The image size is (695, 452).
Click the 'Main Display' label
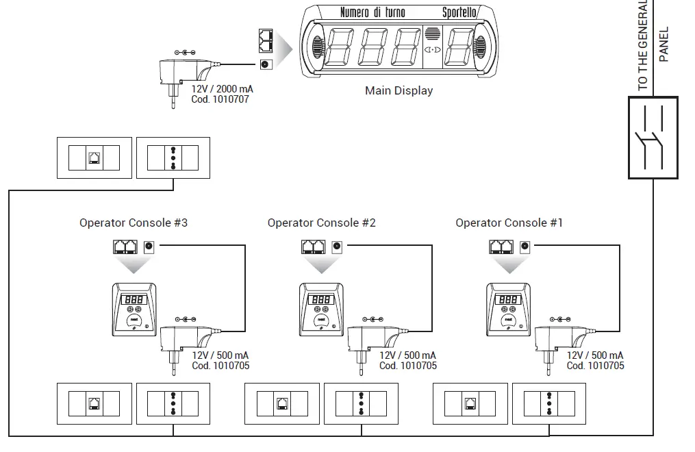[399, 90]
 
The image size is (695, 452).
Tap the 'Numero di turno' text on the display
[372, 12]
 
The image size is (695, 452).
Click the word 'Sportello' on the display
[459, 12]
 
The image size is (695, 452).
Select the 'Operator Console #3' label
[134, 223]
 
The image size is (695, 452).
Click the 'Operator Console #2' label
[321, 223]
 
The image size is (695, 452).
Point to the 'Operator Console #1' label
[509, 223]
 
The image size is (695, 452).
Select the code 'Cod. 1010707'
[220, 99]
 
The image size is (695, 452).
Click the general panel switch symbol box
[653, 138]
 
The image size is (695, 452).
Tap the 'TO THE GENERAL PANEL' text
[652, 45]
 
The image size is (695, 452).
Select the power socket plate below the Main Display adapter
[173, 158]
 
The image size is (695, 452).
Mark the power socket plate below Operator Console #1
[548, 404]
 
